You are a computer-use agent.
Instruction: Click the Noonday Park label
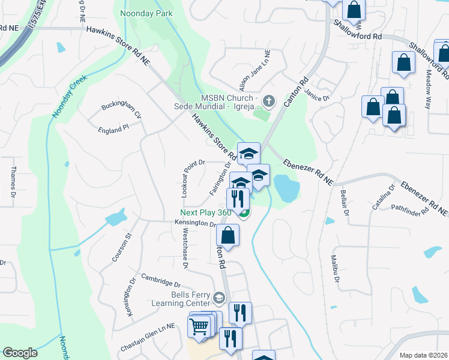(x=146, y=13)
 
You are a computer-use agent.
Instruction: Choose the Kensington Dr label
(x=195, y=223)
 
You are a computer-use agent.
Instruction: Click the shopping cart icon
(x=199, y=327)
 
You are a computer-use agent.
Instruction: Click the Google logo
(x=20, y=353)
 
